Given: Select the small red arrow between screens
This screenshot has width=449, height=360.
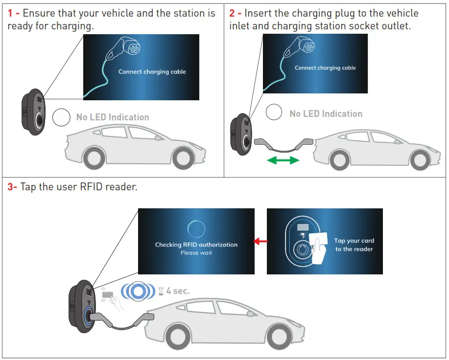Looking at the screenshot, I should pos(260,241).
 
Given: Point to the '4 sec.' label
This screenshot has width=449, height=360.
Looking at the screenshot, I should pos(178,291).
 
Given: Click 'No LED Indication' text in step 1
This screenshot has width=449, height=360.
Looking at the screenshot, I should pos(113,117).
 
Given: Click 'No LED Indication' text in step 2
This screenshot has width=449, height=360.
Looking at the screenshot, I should pos(326,114).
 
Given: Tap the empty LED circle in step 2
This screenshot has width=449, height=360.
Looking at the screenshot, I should pos(274,112).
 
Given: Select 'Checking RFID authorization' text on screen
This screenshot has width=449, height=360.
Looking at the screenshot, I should pos(196,245).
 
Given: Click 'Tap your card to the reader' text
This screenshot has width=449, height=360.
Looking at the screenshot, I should pos(354,245).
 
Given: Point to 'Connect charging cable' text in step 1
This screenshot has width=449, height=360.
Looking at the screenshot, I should pos(152,72).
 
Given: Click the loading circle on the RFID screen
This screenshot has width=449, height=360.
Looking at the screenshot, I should pos(196,228).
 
